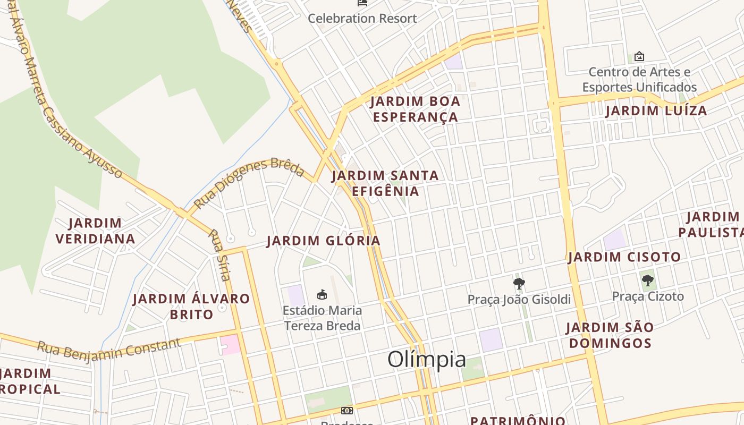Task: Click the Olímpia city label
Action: (427, 360)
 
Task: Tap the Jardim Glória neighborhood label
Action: (323, 241)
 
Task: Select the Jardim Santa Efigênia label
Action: (385, 183)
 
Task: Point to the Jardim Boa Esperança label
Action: (415, 109)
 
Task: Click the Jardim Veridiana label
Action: (96, 231)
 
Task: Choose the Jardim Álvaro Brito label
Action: (191, 307)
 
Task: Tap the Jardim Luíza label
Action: (656, 110)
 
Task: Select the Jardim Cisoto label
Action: (624, 257)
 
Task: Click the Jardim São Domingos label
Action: (610, 335)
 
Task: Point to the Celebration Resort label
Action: (362, 18)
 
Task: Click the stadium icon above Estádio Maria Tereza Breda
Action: (322, 294)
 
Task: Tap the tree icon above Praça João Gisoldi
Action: (519, 283)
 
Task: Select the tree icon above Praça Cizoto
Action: (647, 280)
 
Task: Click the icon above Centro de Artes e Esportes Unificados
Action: (639, 56)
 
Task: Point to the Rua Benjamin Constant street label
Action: (109, 348)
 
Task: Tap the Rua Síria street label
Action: (219, 255)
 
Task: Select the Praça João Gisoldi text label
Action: (519, 300)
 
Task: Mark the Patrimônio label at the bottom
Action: (518, 421)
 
